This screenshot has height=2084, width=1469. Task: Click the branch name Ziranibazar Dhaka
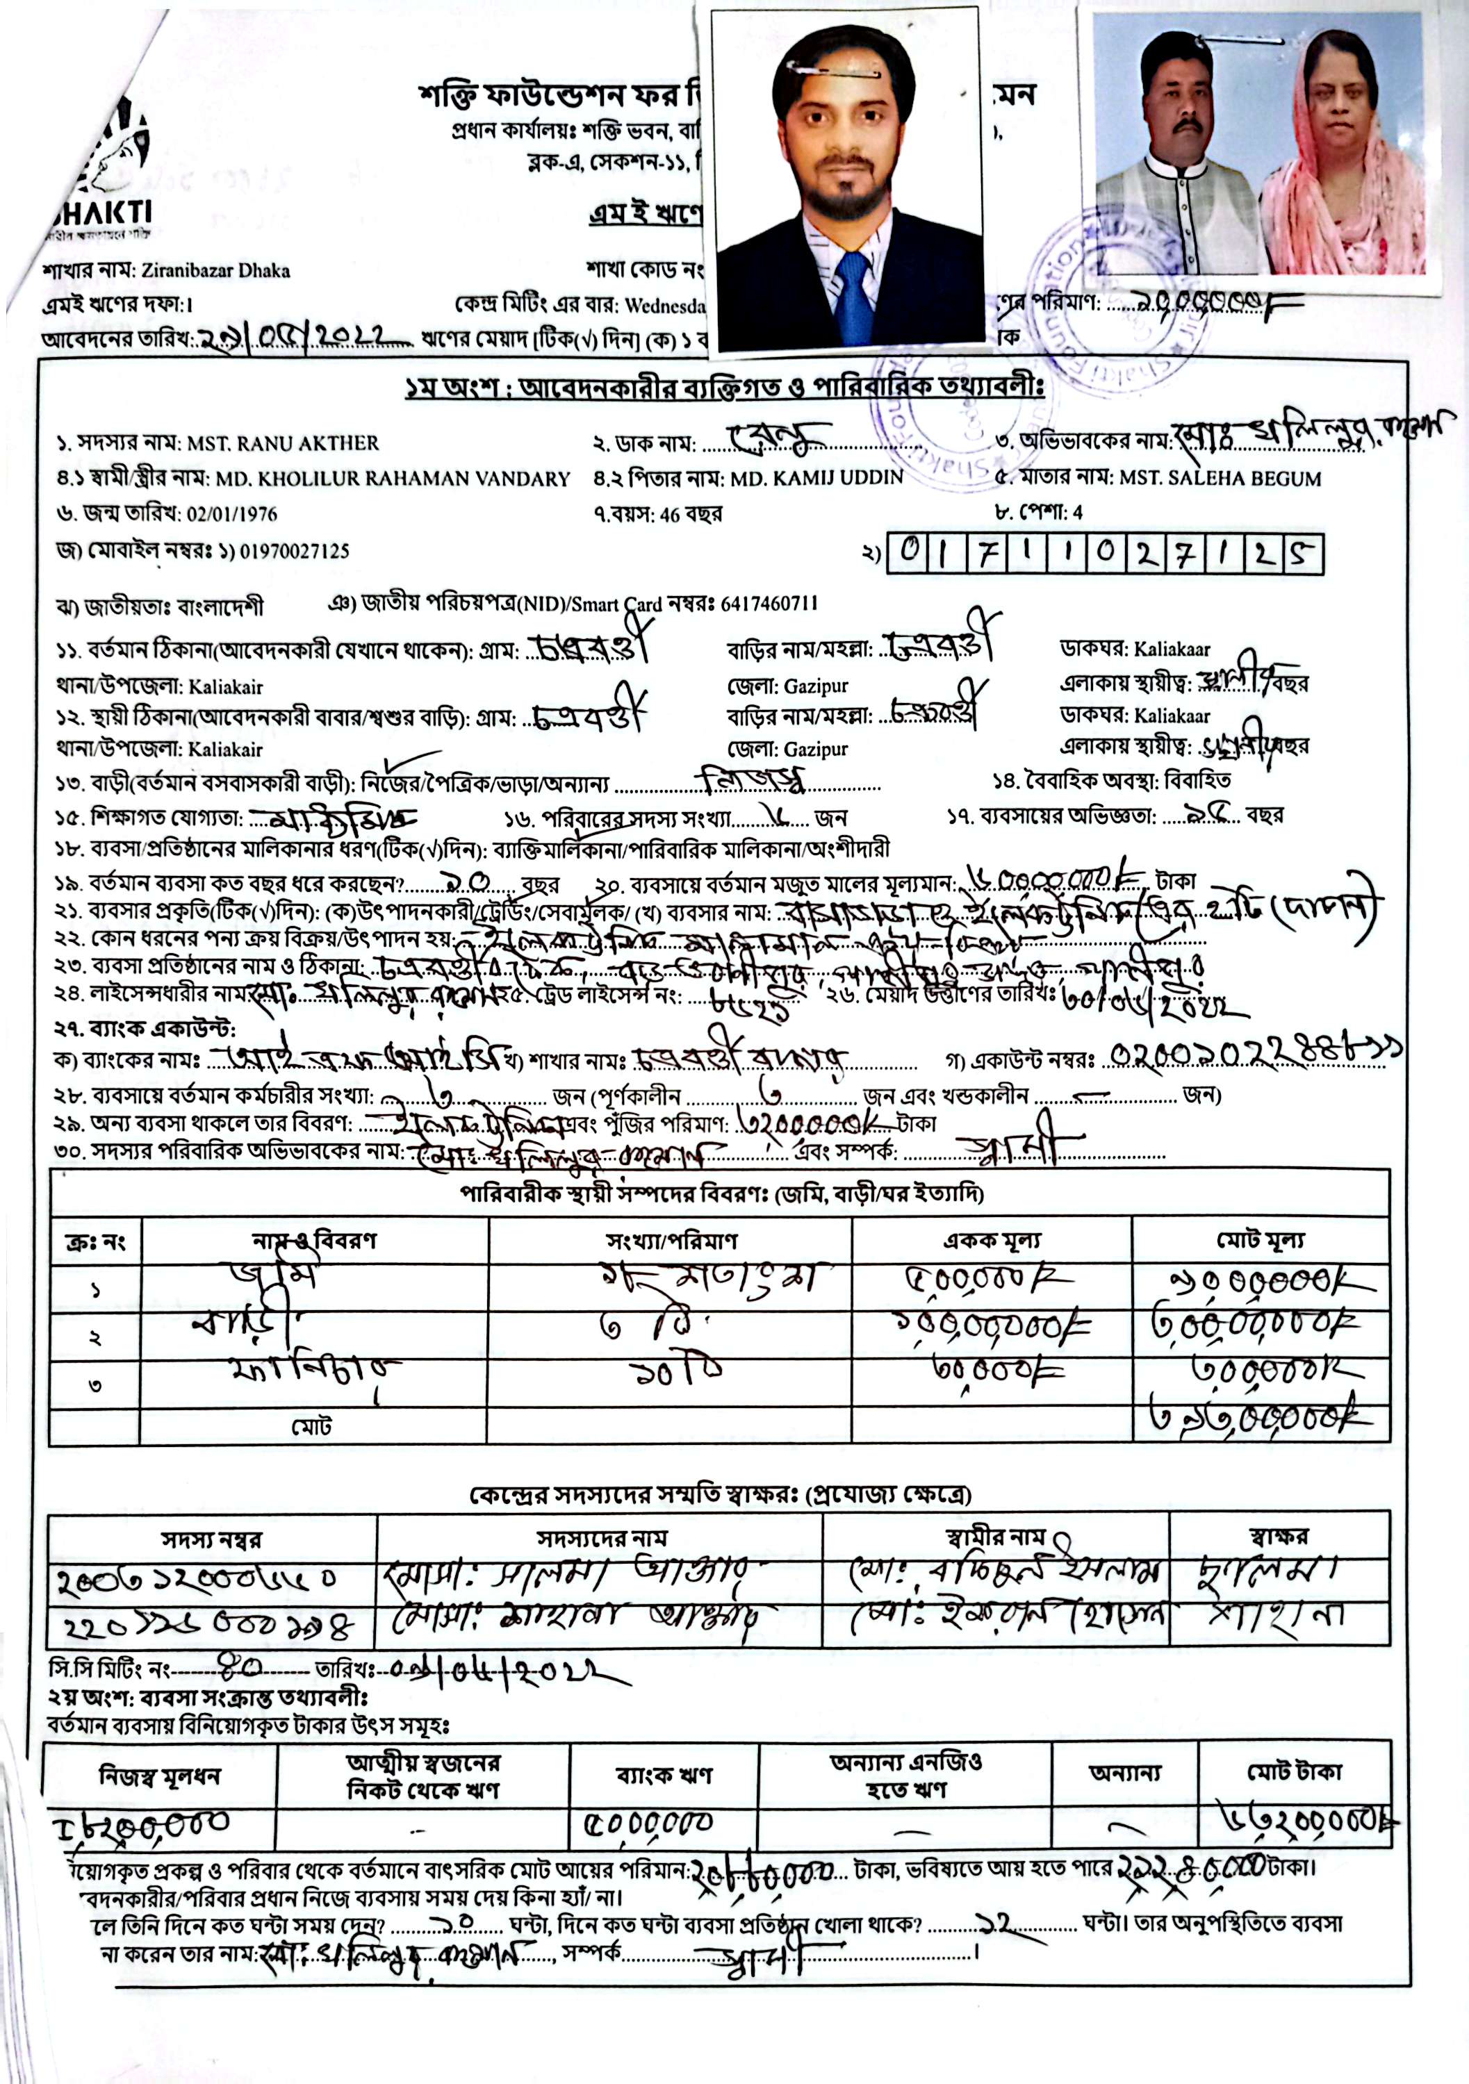tap(216, 270)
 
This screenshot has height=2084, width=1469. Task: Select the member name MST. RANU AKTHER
tap(284, 444)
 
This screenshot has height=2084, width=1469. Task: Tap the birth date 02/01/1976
tap(231, 515)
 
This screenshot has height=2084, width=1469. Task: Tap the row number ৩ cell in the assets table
tap(95, 1385)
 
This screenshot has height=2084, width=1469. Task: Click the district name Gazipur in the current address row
tap(815, 686)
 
